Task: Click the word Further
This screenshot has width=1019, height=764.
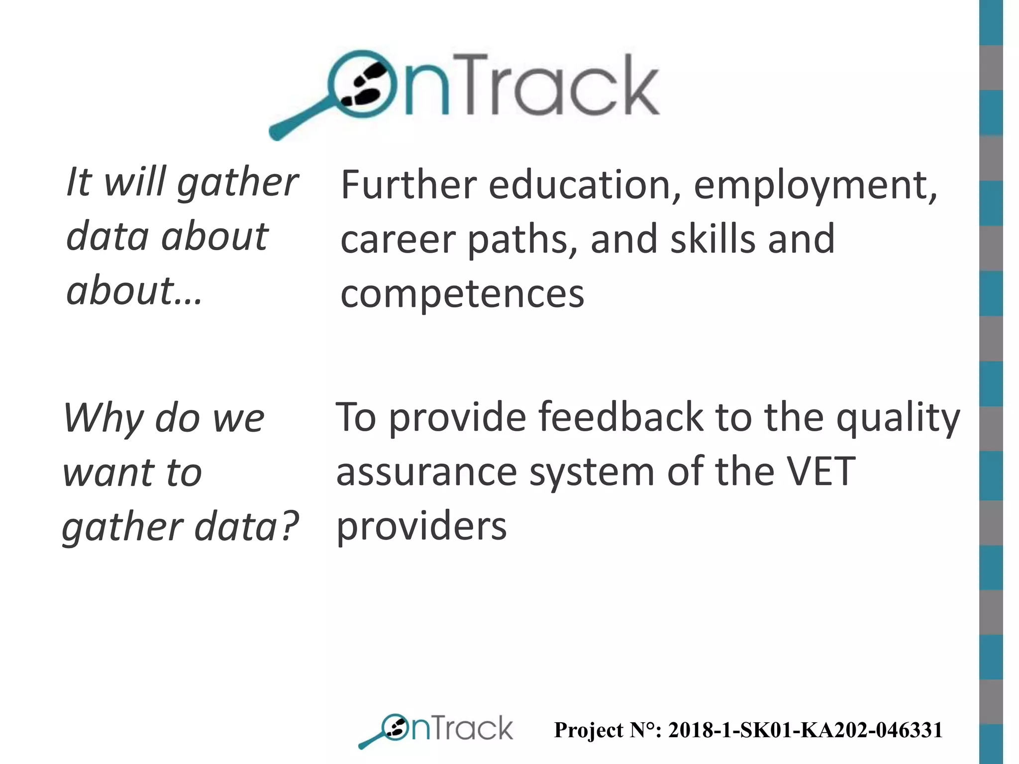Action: pos(408,185)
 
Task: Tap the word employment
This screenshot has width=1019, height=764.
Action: pos(815,186)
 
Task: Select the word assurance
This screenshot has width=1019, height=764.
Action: pos(426,472)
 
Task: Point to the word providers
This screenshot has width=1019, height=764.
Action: pos(421,526)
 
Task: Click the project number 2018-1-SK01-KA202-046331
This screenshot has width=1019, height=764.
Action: pos(805,730)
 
